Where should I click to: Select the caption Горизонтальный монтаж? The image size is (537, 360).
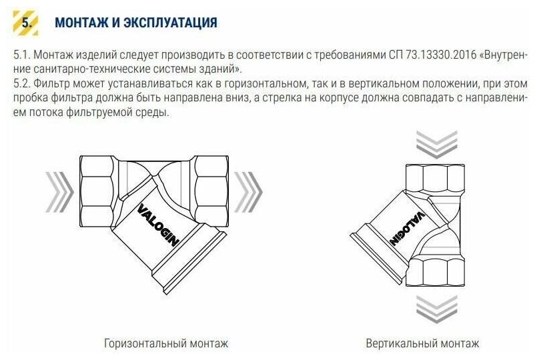coord(166,344)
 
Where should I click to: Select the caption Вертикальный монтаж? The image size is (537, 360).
coord(422,344)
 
